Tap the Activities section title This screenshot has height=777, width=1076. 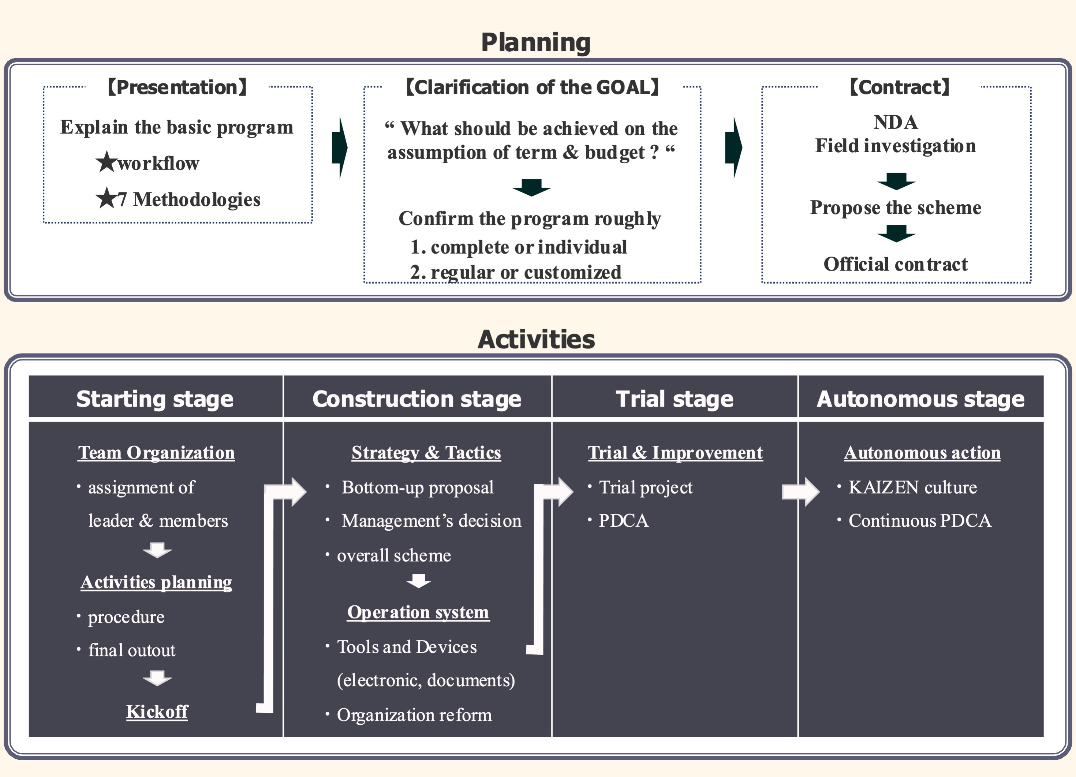coord(536,339)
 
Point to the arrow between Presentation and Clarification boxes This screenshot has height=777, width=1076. coord(340,147)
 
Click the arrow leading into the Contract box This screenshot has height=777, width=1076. coord(733,147)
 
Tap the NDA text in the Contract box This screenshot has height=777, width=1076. coord(895,122)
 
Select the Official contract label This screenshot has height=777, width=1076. coord(895,264)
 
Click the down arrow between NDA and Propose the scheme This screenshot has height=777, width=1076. coord(896,181)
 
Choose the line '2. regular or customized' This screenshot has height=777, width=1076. coord(515,272)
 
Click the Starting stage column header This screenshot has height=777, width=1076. coord(155,399)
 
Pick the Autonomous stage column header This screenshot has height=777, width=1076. coord(920,399)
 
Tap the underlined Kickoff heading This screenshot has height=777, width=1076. coord(157,711)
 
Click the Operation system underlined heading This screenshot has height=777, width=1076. coord(418,612)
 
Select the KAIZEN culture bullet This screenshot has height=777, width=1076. coord(912,487)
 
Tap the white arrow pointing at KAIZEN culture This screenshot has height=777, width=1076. coord(800,492)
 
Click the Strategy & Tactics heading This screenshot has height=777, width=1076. coord(426,452)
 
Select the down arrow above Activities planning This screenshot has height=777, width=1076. coord(157,550)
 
